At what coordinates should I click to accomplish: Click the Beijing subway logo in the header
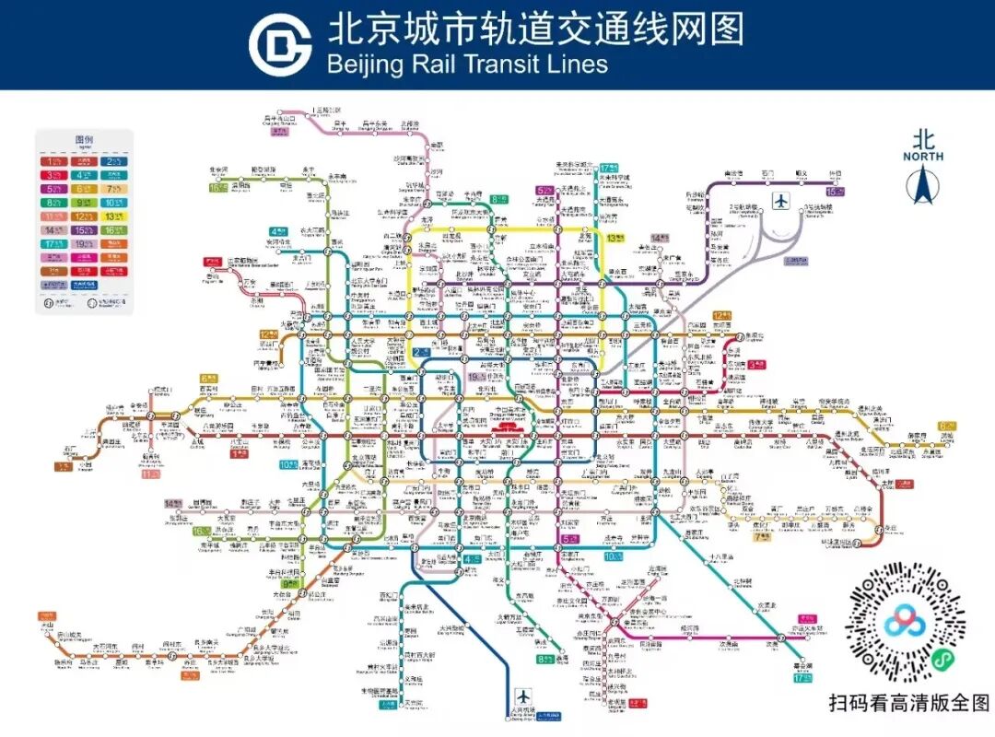280,43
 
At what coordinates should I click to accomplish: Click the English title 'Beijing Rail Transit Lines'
468,64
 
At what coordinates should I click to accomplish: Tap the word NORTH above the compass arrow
922,157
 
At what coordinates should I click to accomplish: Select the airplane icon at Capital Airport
781,200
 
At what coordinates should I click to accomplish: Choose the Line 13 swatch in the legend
113,216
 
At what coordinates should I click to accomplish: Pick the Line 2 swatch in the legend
113,162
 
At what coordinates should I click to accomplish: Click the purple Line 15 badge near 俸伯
835,192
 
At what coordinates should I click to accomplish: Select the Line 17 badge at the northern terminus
609,168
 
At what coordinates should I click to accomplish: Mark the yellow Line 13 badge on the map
615,238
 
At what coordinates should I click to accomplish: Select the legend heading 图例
84,140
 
